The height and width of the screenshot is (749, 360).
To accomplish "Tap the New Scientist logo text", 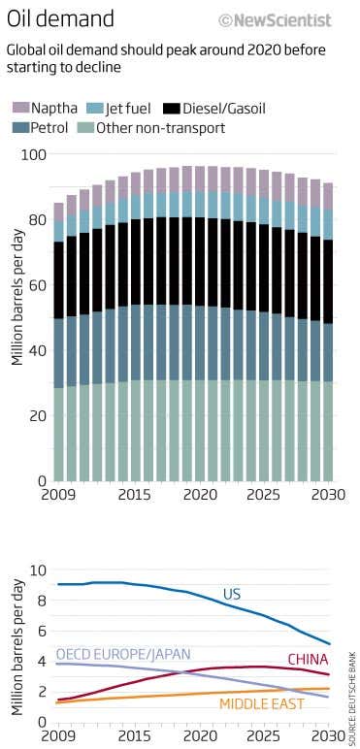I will point(275,19).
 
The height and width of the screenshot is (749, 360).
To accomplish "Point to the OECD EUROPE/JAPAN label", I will point(122,654).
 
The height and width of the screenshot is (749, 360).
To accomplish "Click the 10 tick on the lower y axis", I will point(40,570).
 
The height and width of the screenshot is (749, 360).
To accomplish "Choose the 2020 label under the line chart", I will point(199,736).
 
